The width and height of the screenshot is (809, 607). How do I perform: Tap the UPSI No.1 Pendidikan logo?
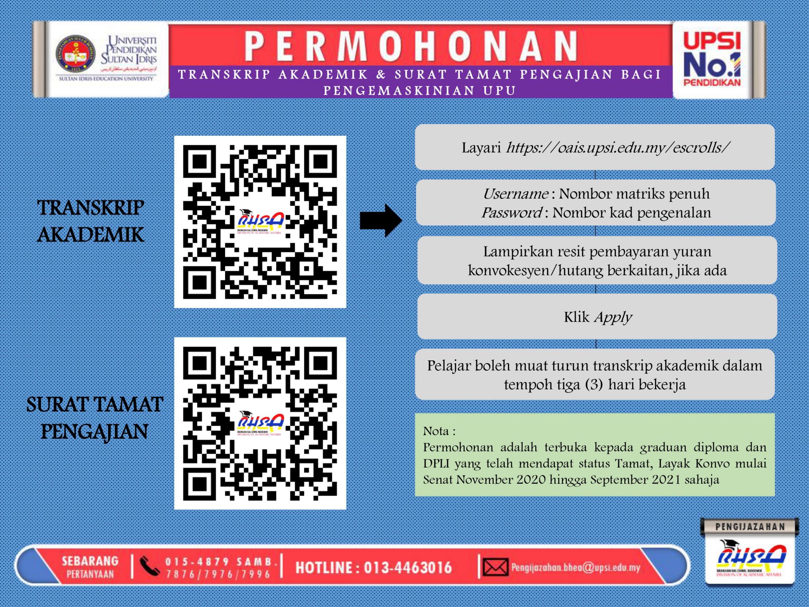(712, 59)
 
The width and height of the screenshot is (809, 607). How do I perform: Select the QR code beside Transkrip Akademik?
(260, 222)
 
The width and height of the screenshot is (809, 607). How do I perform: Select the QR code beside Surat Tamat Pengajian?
(260, 423)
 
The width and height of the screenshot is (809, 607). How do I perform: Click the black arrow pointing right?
(381, 221)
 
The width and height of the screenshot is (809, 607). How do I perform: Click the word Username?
(515, 194)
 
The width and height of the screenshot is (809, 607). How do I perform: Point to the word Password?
(511, 213)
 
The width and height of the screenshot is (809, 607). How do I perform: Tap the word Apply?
(613, 317)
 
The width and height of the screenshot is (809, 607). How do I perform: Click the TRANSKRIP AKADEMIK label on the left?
(90, 221)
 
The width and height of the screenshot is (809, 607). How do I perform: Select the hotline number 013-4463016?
(407, 568)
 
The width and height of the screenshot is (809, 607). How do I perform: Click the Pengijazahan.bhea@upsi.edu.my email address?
(576, 568)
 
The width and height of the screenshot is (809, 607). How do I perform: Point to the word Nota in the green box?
(436, 431)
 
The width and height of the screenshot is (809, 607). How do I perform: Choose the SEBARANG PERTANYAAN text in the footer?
(90, 567)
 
